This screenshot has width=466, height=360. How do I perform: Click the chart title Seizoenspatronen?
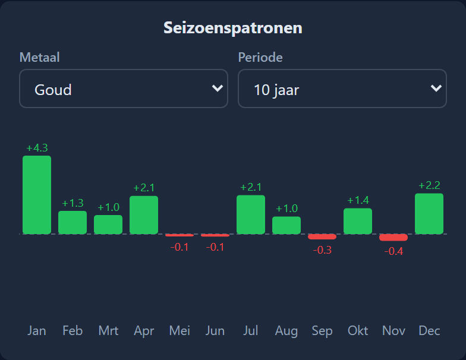233,29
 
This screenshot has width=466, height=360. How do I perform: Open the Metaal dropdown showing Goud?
124,89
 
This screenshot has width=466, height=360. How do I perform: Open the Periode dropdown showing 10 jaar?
342,89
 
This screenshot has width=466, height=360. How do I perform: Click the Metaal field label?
39,57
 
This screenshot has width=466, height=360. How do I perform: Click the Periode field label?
260,57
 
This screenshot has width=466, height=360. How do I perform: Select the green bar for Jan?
37,195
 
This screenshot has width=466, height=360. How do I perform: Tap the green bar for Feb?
73,222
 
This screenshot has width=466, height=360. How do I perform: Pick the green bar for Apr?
144,215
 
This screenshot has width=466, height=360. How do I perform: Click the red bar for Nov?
393,238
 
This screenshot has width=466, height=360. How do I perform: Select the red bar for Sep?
322,236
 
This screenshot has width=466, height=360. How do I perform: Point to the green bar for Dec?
429,214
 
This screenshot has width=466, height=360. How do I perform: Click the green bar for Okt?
358,221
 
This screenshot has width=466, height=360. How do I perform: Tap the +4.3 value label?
37,148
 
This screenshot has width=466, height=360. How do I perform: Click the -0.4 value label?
393,251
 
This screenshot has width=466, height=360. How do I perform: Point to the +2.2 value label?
429,185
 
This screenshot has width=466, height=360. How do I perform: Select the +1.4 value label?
358,200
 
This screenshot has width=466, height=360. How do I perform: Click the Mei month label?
180,330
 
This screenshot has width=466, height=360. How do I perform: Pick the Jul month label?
251,330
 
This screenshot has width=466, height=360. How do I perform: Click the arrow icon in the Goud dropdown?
218,88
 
